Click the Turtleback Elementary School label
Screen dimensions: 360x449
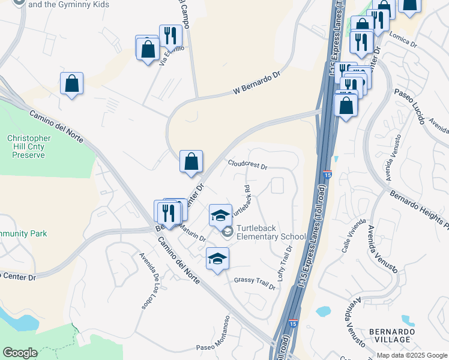271,232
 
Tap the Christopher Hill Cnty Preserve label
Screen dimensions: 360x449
28,146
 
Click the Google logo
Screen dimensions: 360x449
20,353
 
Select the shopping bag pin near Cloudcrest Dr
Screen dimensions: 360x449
191,162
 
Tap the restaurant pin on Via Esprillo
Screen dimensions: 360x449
170,36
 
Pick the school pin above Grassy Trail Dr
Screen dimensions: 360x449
217,259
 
